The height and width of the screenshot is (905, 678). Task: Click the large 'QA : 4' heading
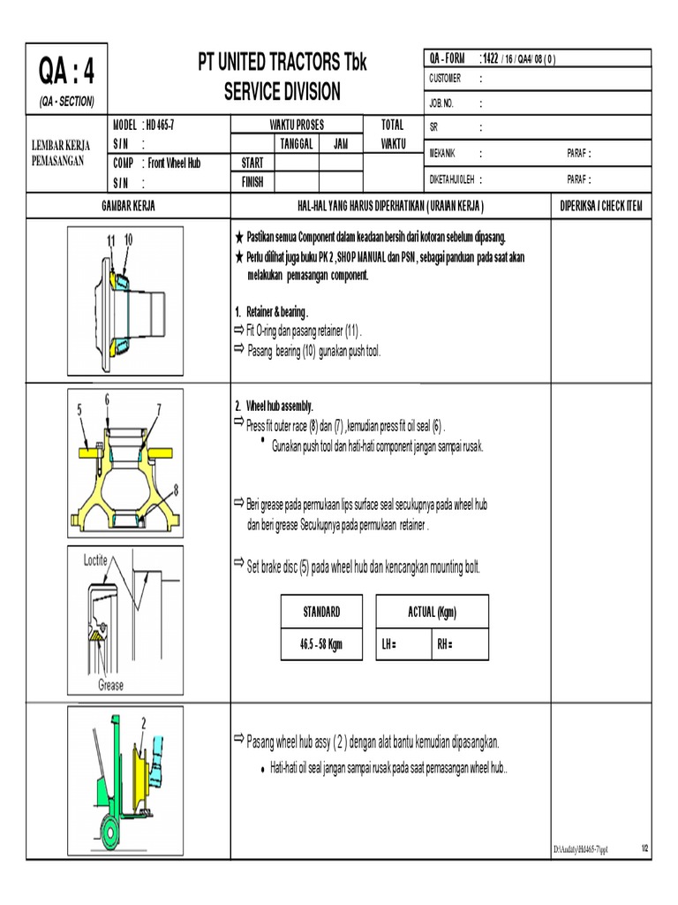coord(66,69)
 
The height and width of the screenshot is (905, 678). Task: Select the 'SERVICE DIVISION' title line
coord(282,92)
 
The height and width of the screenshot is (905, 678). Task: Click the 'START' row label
coord(252,164)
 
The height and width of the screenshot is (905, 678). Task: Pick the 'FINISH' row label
coord(252,182)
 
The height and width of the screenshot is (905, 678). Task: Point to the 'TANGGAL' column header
coord(297,144)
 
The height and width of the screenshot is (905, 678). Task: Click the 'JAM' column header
coord(340,144)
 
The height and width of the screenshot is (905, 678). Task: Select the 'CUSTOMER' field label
coord(446,79)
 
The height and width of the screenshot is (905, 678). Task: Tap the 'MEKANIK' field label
coord(444,153)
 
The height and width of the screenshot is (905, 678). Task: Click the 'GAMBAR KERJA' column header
coord(127,206)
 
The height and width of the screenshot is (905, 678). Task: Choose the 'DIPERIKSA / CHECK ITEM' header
coord(601,206)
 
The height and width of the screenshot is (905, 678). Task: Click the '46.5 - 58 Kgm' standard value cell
coord(320,644)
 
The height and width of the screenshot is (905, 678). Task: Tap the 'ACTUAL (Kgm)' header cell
coord(432,612)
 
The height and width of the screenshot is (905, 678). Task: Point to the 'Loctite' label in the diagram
coord(89,559)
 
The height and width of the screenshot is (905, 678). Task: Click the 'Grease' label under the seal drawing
coord(110,685)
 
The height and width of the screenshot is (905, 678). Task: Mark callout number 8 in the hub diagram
coord(176,488)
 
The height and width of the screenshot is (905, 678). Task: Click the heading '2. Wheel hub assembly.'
coord(274,406)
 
